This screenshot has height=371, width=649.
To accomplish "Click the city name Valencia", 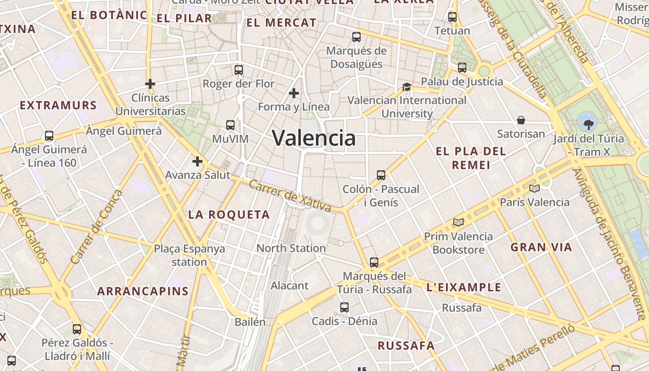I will point(314,138).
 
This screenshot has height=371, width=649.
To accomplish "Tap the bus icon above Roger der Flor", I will point(239,70).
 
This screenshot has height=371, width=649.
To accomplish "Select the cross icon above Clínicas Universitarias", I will point(150,84).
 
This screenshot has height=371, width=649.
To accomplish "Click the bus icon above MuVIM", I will point(230,125).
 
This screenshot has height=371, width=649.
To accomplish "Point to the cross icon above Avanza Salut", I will point(197,161).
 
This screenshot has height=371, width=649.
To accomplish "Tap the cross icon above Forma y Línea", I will point(293,93).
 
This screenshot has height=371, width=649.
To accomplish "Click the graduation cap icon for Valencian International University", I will point(407,87).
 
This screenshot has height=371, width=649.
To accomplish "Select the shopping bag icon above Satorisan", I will point(521,120).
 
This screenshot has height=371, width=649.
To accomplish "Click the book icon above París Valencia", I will point(534,188).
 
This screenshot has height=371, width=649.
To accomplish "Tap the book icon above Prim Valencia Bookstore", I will point(458,223).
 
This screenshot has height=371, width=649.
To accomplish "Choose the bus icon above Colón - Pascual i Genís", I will point(381,175).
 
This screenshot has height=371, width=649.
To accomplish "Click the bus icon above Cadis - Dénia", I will point(344,307).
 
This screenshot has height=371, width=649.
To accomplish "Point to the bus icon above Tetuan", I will point(452,18).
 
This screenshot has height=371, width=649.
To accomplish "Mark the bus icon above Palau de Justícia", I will point(462,68).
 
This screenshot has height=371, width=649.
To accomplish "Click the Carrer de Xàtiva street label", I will point(290,196).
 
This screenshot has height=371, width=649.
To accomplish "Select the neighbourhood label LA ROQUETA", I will point(229,215).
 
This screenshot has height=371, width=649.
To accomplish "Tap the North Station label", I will point(291,248).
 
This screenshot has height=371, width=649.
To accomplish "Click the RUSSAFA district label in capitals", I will point(406,345).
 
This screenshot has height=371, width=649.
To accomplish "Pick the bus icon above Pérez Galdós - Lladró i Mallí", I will point(77,329).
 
